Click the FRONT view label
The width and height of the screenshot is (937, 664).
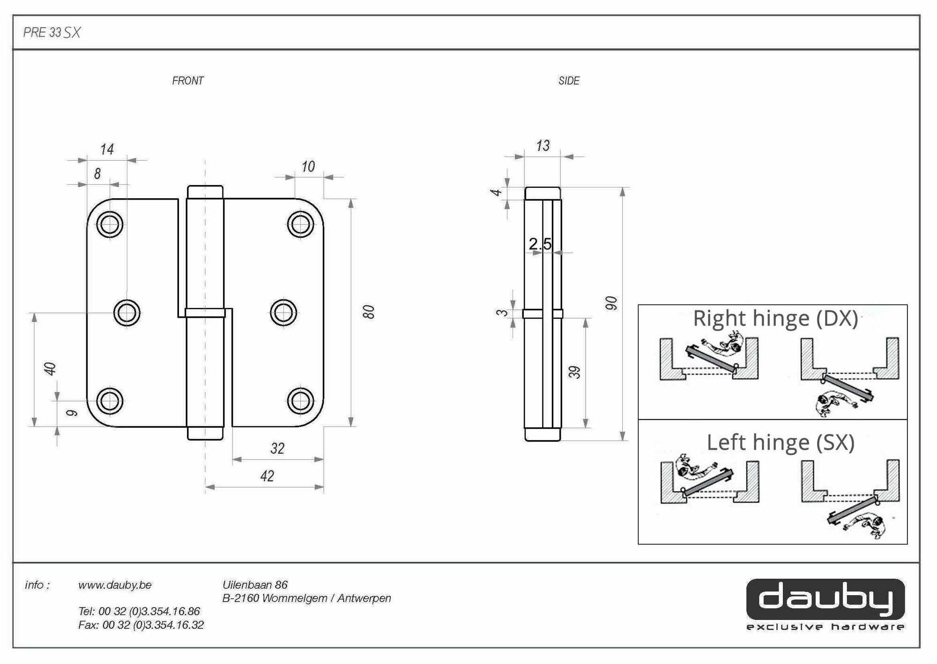pos(187,81)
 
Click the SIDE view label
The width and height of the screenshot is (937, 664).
pos(569,81)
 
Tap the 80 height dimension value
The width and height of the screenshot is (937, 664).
pos(369,312)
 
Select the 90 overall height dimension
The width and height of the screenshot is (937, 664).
pos(611,303)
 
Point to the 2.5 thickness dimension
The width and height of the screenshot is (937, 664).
pos(540,244)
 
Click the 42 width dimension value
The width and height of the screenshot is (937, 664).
pos(267,476)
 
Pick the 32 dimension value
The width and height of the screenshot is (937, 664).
pos(277,448)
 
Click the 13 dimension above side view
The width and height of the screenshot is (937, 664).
pos(543,146)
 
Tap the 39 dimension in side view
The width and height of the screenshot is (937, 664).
pos(574,372)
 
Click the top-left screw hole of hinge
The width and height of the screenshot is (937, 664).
pos(110,224)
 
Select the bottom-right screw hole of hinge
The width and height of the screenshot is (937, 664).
pos(300,401)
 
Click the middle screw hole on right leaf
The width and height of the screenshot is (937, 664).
pos(283,313)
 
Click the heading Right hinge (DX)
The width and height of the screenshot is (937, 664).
pos(775,318)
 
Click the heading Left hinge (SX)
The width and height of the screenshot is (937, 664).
pos(781,442)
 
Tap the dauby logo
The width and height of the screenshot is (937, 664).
pos(825,600)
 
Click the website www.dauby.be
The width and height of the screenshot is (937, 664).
pos(115,585)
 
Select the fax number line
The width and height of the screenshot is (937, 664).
pos(141,625)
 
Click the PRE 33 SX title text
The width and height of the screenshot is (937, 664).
pos(52,32)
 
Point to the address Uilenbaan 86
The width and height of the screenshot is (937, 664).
pos(255,585)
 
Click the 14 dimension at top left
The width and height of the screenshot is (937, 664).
pos(107,149)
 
